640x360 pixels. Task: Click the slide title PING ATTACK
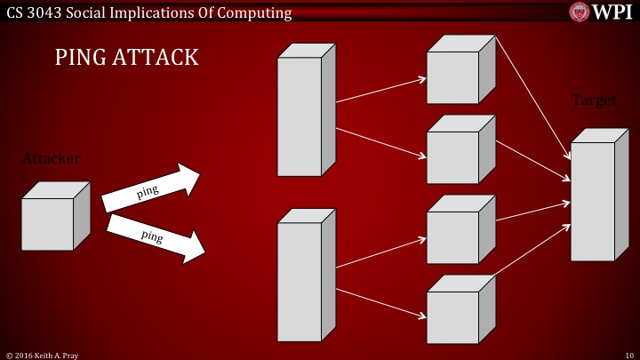point(126,59)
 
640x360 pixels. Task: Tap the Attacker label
point(52,158)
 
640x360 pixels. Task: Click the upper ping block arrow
point(149,188)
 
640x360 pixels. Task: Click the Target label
point(593,100)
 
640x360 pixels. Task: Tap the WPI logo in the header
point(602,12)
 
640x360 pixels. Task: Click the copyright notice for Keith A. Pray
point(42,354)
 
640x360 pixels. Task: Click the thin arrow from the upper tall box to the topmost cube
point(380,90)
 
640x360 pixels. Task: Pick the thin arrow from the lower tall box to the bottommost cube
point(380,301)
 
